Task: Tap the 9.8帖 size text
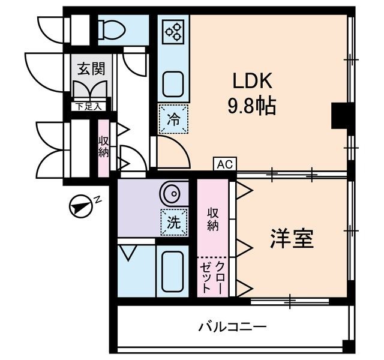pyautogui.click(x=251, y=106)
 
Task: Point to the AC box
pyautogui.click(x=224, y=164)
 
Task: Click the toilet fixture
pyautogui.click(x=112, y=28)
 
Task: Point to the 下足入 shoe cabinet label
pyautogui.click(x=89, y=107)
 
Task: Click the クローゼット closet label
pyautogui.click(x=212, y=277)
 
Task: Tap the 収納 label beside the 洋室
pyautogui.click(x=212, y=219)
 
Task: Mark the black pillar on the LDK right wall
pyautogui.click(x=340, y=115)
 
